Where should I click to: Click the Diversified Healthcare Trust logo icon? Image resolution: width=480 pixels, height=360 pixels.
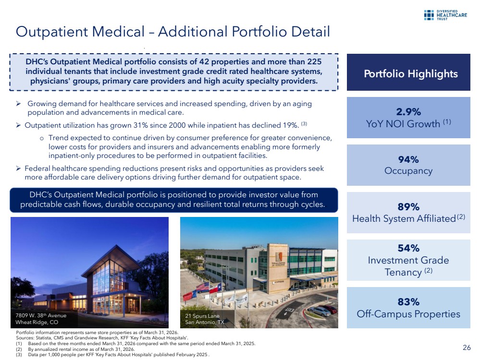(x=429, y=15)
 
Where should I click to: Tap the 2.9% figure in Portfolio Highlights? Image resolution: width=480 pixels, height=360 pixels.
(x=408, y=112)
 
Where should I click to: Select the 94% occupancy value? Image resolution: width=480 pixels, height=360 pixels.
(x=408, y=159)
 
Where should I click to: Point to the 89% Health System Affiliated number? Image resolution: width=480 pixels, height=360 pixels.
(x=408, y=207)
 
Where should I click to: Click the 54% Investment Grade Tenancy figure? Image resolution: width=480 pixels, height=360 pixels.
(x=408, y=248)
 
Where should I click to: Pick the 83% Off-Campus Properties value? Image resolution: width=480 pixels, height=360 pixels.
(x=408, y=302)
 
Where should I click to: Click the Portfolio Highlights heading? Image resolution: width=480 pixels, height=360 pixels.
(x=410, y=74)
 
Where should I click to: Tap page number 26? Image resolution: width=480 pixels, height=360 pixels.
(x=467, y=348)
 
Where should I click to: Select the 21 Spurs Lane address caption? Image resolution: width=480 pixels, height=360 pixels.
(x=202, y=316)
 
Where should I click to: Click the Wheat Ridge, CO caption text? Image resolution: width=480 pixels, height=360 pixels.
(x=37, y=322)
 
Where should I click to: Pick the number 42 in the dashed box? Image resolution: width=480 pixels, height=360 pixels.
(x=204, y=62)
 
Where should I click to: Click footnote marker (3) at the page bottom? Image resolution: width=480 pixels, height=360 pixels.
(x=19, y=355)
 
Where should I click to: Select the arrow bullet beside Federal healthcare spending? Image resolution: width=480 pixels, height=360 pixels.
(x=18, y=168)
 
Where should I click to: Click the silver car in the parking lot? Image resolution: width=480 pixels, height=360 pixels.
(x=320, y=311)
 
